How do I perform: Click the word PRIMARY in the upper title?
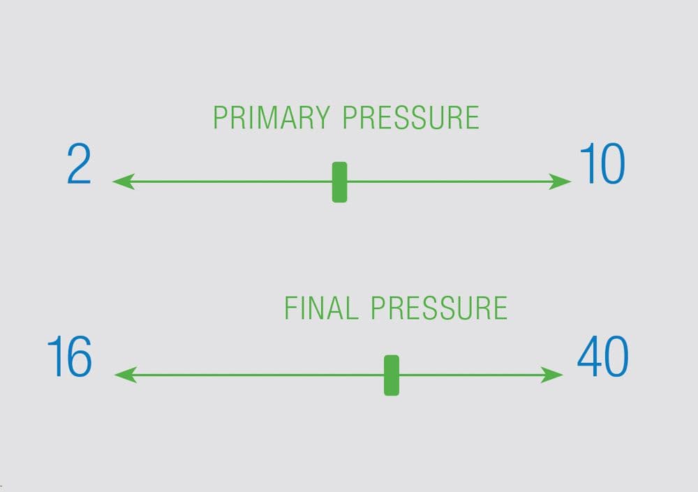click(x=273, y=118)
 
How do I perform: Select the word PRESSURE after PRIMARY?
click(x=411, y=118)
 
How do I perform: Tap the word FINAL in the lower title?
click(x=322, y=308)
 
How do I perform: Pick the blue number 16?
click(x=69, y=357)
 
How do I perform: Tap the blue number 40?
click(x=602, y=357)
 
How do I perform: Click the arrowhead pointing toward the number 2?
click(x=122, y=182)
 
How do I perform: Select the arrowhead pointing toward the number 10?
click(x=562, y=182)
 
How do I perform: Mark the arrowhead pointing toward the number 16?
click(x=124, y=375)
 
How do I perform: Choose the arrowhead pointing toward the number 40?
click(x=553, y=375)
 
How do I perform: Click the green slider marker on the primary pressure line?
click(x=339, y=182)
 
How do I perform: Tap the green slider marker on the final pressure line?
click(x=392, y=375)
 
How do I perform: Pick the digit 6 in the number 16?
click(x=79, y=357)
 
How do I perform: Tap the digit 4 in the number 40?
click(x=589, y=357)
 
